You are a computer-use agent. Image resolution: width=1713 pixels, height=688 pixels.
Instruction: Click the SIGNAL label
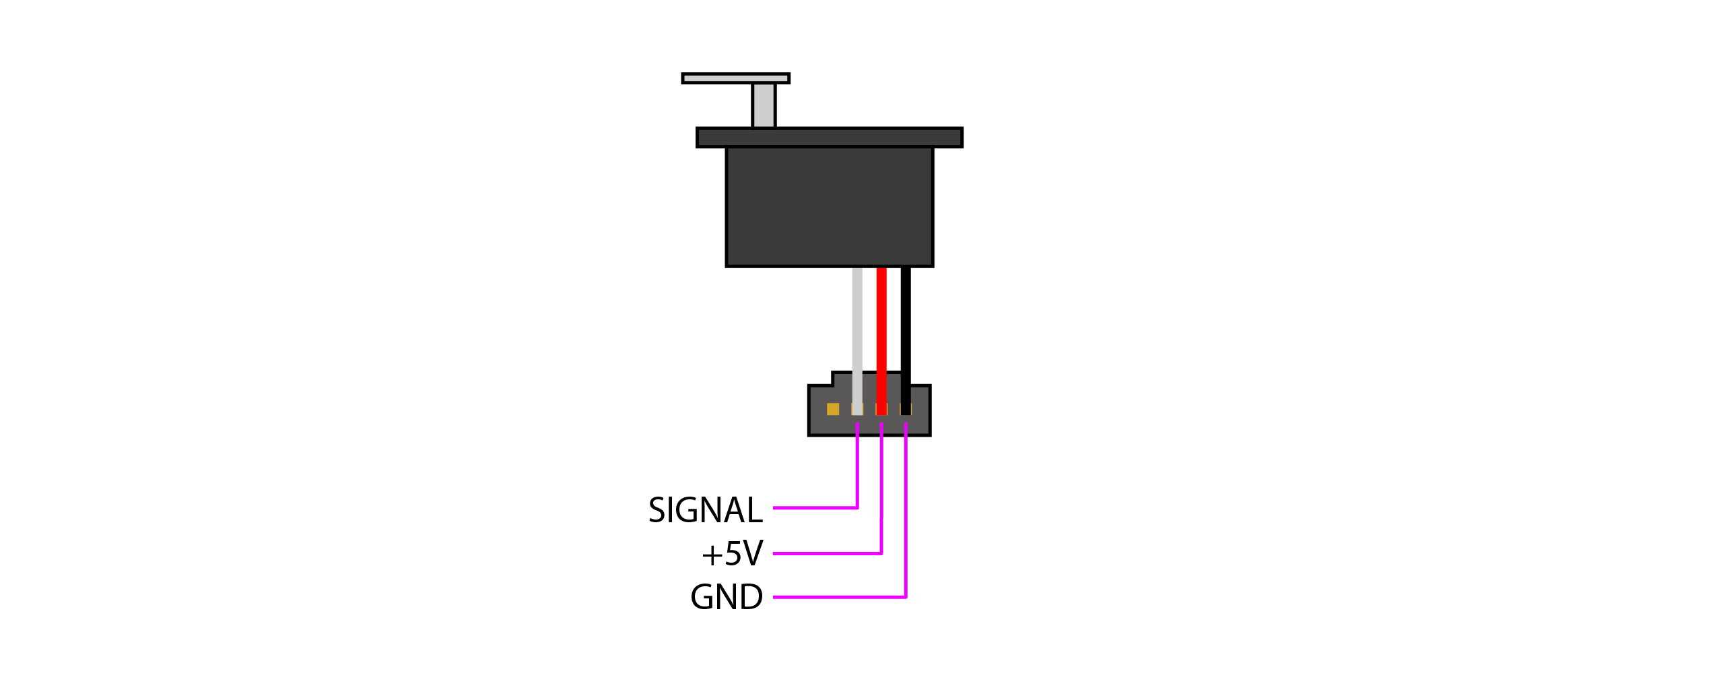[x=705, y=510]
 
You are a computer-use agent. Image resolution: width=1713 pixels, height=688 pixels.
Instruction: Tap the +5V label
[x=732, y=554]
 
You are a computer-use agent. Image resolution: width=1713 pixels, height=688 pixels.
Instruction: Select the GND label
[x=727, y=597]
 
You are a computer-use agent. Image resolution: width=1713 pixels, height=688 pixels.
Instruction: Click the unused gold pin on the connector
[x=833, y=409]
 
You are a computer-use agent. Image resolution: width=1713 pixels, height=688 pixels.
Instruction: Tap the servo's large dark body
[x=830, y=206]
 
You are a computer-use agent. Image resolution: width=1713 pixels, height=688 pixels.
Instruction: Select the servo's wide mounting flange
[x=830, y=137]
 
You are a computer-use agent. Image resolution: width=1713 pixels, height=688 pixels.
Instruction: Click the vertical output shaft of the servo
[x=764, y=105]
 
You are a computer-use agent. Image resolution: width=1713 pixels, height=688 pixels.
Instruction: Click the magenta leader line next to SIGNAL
[x=815, y=507]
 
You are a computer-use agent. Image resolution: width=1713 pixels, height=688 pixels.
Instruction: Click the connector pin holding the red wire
[x=881, y=409]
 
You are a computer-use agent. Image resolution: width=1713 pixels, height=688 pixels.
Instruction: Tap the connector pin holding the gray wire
[x=857, y=409]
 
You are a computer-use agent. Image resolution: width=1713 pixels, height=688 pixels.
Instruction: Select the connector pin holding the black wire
[x=906, y=409]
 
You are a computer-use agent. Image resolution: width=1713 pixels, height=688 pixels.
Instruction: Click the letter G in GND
[x=702, y=597]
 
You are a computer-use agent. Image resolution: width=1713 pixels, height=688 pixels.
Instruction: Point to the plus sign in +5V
[x=712, y=555]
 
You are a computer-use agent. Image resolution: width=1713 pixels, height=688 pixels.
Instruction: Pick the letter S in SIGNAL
[x=657, y=510]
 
